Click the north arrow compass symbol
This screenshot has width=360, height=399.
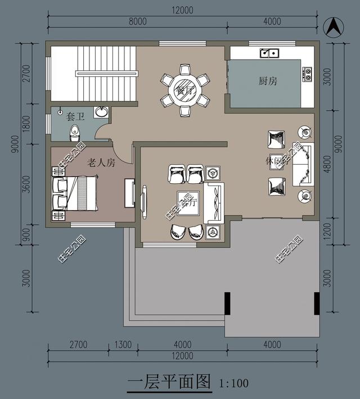click(x=332, y=26)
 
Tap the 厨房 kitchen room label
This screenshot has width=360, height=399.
click(x=268, y=81)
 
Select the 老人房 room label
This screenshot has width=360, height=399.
click(x=101, y=163)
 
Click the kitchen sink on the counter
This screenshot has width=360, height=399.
click(x=269, y=53)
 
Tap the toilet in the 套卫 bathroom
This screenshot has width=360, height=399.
click(x=75, y=133)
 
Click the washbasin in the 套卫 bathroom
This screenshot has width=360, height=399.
click(x=101, y=111)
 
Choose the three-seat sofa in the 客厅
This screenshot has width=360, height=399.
click(x=214, y=202)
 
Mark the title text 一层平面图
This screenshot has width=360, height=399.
click(x=168, y=383)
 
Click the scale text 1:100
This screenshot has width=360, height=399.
click(x=233, y=384)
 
